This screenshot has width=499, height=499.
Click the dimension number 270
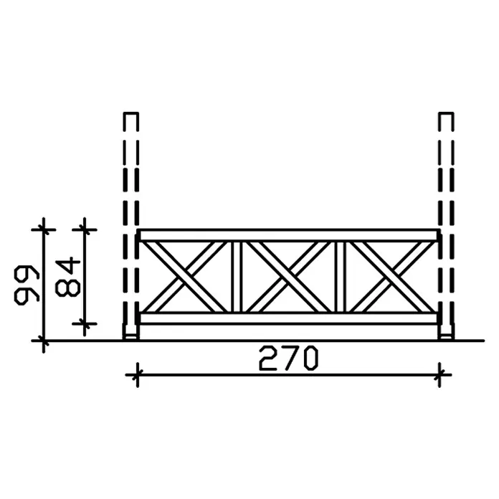pyautogui.click(x=289, y=358)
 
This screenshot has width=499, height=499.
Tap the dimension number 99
pyautogui.click(x=27, y=285)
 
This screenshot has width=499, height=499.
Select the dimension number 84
pyautogui.click(x=67, y=277)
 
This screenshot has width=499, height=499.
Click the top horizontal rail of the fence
pyautogui.click(x=289, y=235)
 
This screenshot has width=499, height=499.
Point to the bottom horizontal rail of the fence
pyautogui.click(x=289, y=318)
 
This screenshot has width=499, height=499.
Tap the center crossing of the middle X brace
pyautogui.click(x=289, y=277)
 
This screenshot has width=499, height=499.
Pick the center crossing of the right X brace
pyautogui.click(x=392, y=277)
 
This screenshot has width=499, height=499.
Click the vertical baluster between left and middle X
pyautogui.click(x=237, y=277)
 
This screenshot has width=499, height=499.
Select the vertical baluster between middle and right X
pyautogui.click(x=341, y=277)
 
